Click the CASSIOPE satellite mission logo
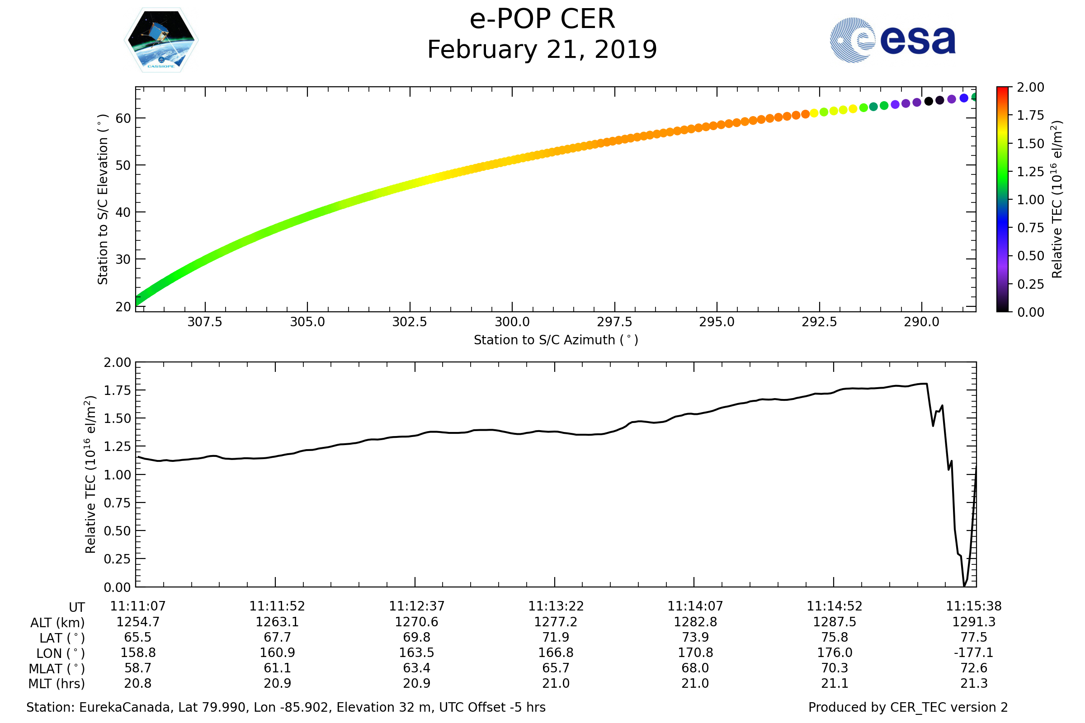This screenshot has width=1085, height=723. (x=161, y=40)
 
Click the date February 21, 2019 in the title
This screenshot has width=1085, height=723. (x=542, y=50)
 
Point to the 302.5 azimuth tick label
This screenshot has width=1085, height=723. (x=409, y=322)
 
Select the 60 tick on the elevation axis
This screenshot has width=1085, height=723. (x=123, y=118)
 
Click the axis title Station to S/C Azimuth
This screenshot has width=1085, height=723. (x=556, y=340)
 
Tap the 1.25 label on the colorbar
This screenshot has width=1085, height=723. (x=1030, y=172)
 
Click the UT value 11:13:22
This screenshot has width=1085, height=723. (x=556, y=606)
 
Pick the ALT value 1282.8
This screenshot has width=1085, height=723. (x=695, y=622)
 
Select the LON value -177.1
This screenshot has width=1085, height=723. (x=974, y=653)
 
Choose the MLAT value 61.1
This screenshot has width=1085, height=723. (x=277, y=668)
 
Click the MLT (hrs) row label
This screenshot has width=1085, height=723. (x=57, y=684)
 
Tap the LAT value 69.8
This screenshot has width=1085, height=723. (x=416, y=637)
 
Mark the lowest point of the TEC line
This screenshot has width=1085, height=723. (x=964, y=586)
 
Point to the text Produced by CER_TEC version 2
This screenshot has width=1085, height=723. (x=908, y=708)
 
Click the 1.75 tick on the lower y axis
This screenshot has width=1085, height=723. (x=117, y=390)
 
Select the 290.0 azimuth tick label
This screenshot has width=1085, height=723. (x=921, y=322)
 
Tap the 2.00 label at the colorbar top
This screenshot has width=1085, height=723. (x=1030, y=87)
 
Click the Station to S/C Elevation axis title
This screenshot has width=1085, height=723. (x=103, y=199)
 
